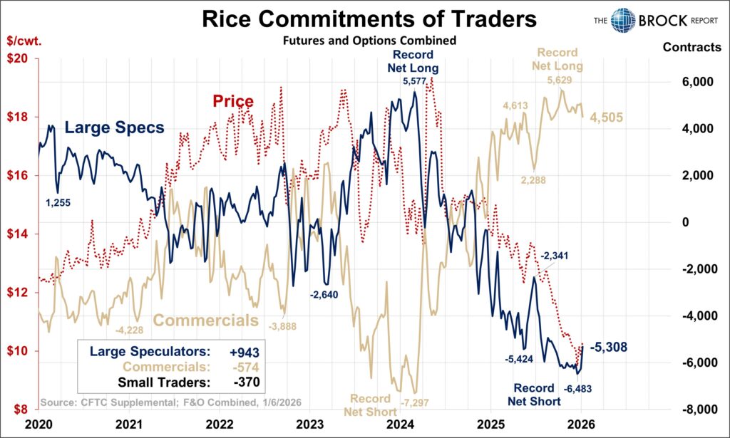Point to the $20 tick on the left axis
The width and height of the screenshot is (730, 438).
pos(19,59)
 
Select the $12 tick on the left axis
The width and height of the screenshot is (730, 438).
pos(19,293)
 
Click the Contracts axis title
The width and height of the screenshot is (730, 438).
pos(691,48)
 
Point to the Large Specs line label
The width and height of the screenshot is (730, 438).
pos(114,128)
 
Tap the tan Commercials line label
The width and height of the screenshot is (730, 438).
pos(206,320)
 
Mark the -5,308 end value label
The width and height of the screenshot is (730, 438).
pos(607,348)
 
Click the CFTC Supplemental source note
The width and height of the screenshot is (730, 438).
pos(170,402)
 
